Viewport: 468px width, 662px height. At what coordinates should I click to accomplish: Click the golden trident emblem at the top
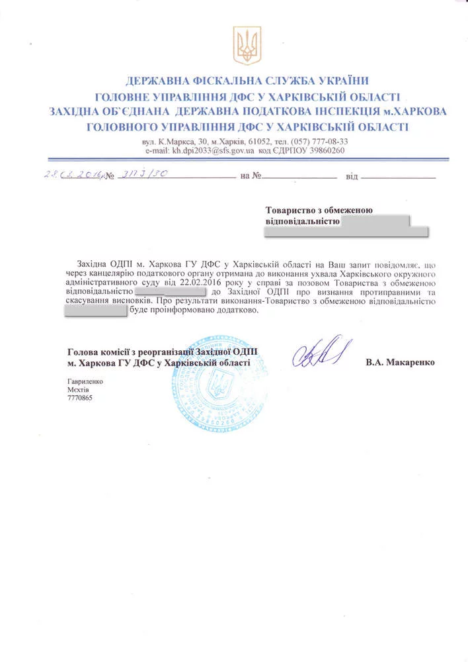247,46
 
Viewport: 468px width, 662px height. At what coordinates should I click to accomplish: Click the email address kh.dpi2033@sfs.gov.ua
214,151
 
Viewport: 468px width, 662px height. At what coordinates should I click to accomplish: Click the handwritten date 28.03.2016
73,175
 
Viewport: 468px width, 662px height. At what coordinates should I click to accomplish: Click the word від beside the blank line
352,177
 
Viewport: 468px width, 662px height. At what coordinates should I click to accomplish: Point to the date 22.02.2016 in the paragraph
190,282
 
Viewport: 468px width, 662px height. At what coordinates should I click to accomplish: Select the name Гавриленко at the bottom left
85,381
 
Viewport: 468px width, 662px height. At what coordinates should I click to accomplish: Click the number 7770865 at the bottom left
81,400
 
